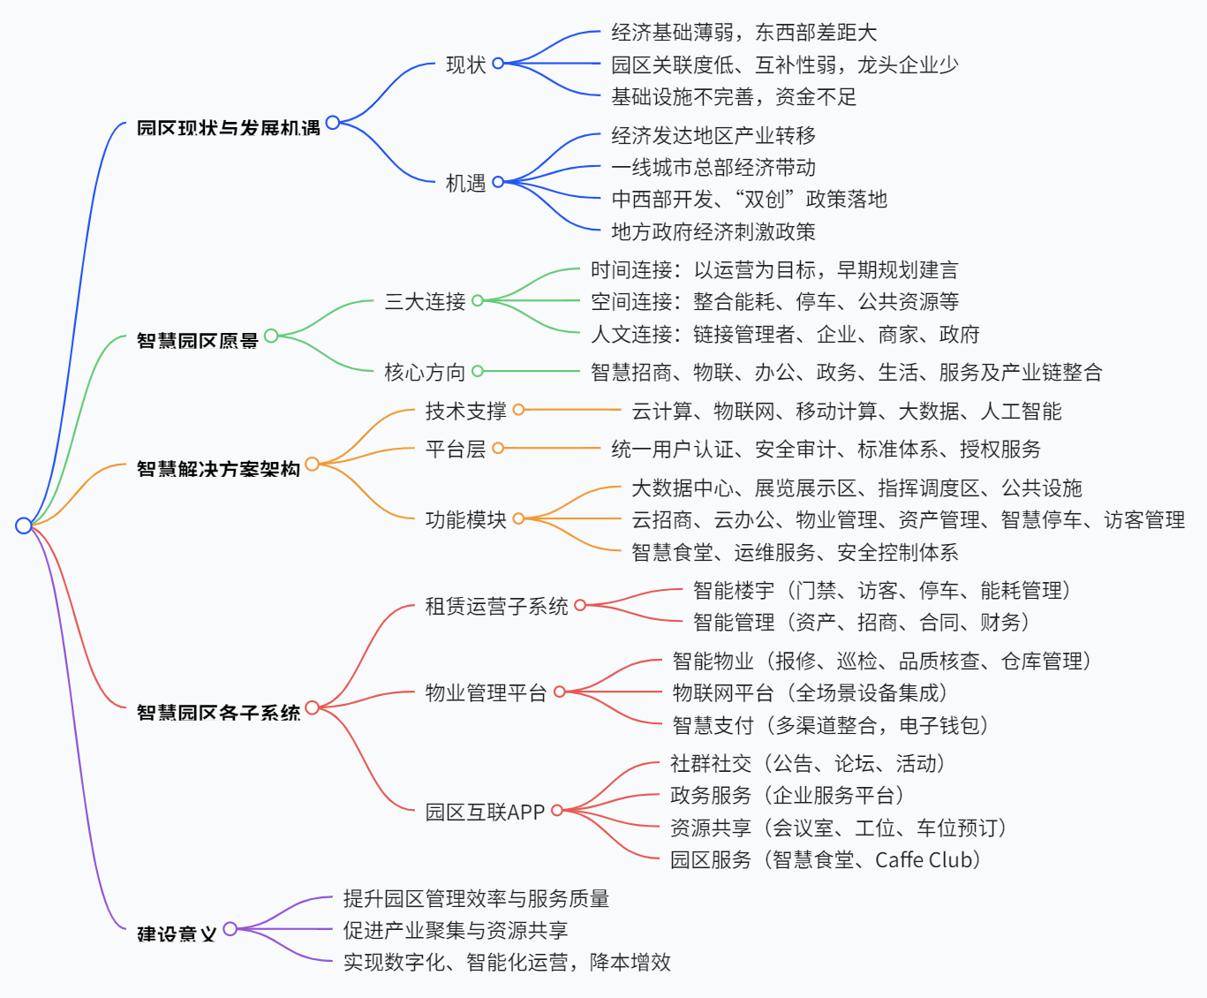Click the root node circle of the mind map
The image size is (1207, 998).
[x=24, y=525]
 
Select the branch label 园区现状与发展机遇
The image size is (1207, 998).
[x=228, y=128]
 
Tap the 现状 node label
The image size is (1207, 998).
[x=465, y=64]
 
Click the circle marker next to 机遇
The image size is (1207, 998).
[x=498, y=182]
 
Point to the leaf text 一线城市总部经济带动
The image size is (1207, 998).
[x=713, y=168]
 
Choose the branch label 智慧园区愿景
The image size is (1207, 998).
[x=197, y=340]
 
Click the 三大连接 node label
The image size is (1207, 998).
[x=425, y=302]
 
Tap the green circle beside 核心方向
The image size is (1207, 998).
[x=478, y=372]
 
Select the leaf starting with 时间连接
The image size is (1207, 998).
[x=773, y=270]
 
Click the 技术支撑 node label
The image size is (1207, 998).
[x=465, y=411]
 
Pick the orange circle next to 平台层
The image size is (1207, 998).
[x=498, y=449]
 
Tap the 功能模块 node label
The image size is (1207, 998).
[x=465, y=519]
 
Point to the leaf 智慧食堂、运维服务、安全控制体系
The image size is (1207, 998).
[x=795, y=553]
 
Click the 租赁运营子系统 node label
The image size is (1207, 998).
[x=496, y=606]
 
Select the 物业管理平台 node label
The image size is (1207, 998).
[x=486, y=692]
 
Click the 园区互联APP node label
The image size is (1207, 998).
[x=485, y=812]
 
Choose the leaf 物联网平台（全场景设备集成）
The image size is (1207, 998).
[x=810, y=693]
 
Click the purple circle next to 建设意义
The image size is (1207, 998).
[x=230, y=928]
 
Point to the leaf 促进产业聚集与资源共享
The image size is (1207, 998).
[x=456, y=930]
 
